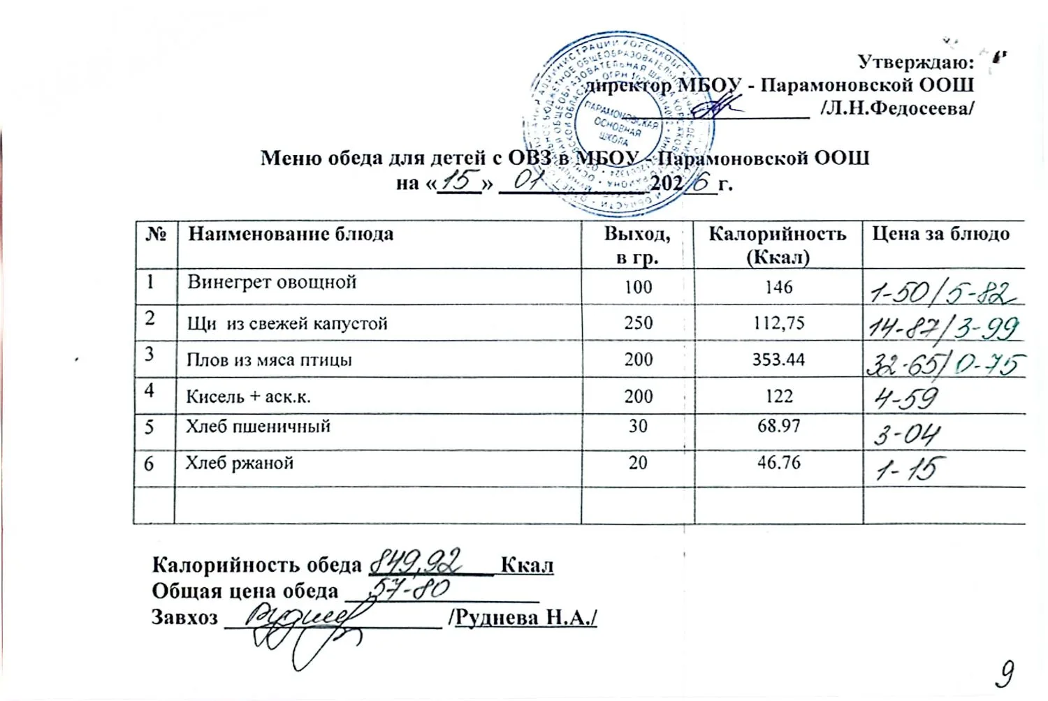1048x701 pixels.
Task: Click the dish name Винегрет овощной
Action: point(272,282)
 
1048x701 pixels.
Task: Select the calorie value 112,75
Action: point(778,323)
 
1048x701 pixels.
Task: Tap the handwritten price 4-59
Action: point(905,398)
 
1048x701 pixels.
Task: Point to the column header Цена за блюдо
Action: point(940,234)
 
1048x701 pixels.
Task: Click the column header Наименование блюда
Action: point(291,234)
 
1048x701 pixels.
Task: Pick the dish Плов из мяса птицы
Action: point(269,360)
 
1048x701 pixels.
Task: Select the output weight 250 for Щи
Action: point(638,323)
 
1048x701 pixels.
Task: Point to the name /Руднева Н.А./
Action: point(525,617)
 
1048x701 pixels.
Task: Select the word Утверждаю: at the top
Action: point(915,62)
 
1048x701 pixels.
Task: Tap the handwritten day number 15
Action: point(459,181)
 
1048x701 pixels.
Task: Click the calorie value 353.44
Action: point(778,360)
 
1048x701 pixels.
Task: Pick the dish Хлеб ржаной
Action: point(239,463)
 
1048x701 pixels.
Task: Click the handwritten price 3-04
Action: point(907,435)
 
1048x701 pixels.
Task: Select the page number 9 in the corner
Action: point(1005,674)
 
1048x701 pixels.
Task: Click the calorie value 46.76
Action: point(778,462)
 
